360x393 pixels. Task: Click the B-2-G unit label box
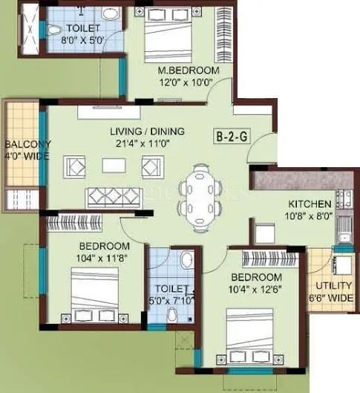[x=231, y=137]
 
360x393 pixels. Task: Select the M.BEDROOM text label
[x=189, y=70]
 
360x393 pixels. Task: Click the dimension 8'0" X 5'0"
[x=74, y=42]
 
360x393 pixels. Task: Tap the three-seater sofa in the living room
[x=114, y=198]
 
